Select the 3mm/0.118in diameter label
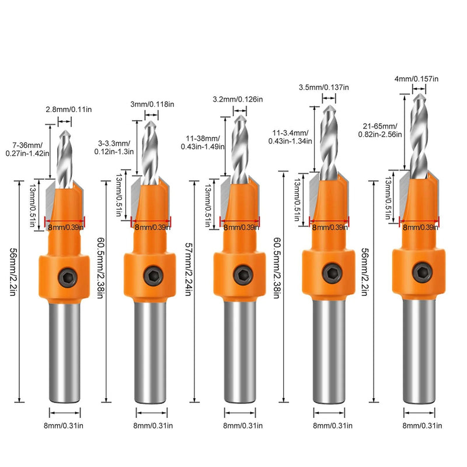coord(152,104)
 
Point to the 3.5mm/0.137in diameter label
coord(323,87)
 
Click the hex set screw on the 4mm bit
coord(421,271)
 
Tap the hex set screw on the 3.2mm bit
coord(241,273)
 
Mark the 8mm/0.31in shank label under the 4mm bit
coord(421,426)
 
